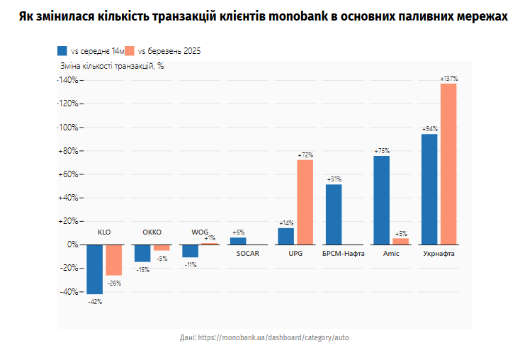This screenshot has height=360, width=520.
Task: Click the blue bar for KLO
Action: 95,269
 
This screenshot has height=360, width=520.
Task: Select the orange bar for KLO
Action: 113,259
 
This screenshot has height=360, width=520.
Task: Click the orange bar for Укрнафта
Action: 448,164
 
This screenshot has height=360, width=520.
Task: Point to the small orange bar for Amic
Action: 401,241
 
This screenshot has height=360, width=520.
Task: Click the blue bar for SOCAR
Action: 238,241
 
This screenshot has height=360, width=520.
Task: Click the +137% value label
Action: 448,79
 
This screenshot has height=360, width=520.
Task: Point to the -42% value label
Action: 95,301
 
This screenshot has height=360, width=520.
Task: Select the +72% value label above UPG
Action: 305,154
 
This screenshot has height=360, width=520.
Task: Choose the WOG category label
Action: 200,232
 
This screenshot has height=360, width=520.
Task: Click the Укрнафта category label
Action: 439,253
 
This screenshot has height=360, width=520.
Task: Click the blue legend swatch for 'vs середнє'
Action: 62,51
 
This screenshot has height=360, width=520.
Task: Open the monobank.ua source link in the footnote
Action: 273,337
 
